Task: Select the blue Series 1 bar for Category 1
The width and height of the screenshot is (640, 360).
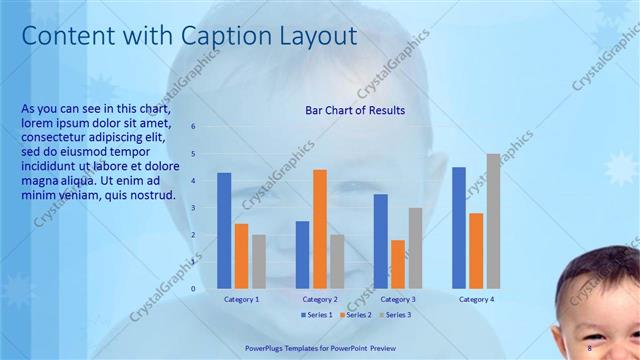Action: [224, 230]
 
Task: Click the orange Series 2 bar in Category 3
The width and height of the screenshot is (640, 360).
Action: [398, 264]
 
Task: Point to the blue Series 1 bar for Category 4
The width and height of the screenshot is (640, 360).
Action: [459, 227]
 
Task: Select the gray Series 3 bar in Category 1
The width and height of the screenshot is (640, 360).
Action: [259, 261]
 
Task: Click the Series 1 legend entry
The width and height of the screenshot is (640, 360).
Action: [319, 315]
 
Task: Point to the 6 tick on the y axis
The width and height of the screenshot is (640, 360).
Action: [194, 127]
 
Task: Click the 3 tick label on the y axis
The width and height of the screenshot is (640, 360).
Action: [194, 208]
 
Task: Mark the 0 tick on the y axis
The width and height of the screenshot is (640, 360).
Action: [194, 289]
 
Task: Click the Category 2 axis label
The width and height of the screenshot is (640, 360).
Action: [320, 299]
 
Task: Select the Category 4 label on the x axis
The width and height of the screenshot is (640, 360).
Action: [476, 299]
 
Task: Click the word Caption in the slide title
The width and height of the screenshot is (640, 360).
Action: [222, 36]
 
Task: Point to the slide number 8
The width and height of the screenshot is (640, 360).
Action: [590, 348]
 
